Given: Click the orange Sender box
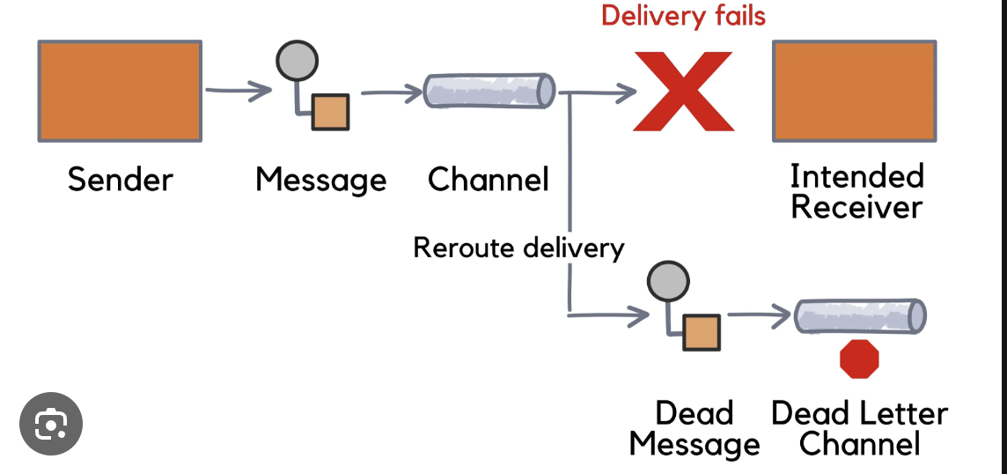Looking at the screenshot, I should pos(121,91).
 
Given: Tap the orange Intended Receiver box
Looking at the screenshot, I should pos(854,91).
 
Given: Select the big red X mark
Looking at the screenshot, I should pos(683,91).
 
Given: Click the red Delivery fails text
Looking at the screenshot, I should pos(683,16).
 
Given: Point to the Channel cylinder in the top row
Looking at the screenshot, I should pos(489,91).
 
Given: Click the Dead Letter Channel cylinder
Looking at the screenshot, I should pos(860,315).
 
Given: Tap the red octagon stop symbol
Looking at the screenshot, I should pos(859,359).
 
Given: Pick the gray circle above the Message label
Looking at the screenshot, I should pos(297,60).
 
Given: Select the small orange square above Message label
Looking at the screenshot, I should pos(330,111).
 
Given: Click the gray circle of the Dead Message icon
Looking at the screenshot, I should pos(667,282).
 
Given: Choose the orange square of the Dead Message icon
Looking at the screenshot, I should pos(702,332).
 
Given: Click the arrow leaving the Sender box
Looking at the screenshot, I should pos(238,90).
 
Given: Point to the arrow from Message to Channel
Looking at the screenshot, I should pos(392,91).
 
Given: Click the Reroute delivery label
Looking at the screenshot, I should pos(518,248).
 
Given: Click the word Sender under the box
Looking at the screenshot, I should pos(121,180).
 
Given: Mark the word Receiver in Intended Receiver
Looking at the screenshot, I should pos(856,208).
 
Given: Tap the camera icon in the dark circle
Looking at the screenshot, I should pos(51,425).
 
